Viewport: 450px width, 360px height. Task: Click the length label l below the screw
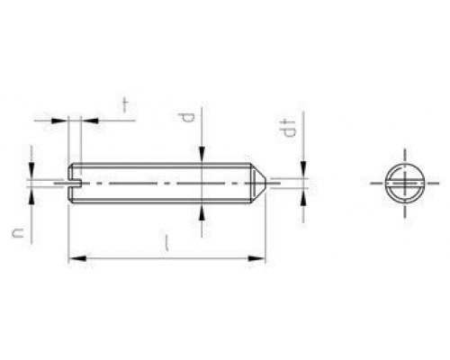(x=167, y=243)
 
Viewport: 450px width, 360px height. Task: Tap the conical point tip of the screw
(x=265, y=183)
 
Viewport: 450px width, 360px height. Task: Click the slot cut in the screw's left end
(x=75, y=183)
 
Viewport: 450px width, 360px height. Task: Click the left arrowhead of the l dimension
(x=74, y=259)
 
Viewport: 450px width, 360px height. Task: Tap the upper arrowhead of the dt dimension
(x=303, y=171)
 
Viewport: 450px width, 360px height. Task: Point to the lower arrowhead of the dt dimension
(x=303, y=194)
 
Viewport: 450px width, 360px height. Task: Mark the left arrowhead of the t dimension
(x=65, y=118)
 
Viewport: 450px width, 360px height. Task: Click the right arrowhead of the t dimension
(x=85, y=118)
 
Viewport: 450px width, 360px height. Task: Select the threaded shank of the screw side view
(x=162, y=183)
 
